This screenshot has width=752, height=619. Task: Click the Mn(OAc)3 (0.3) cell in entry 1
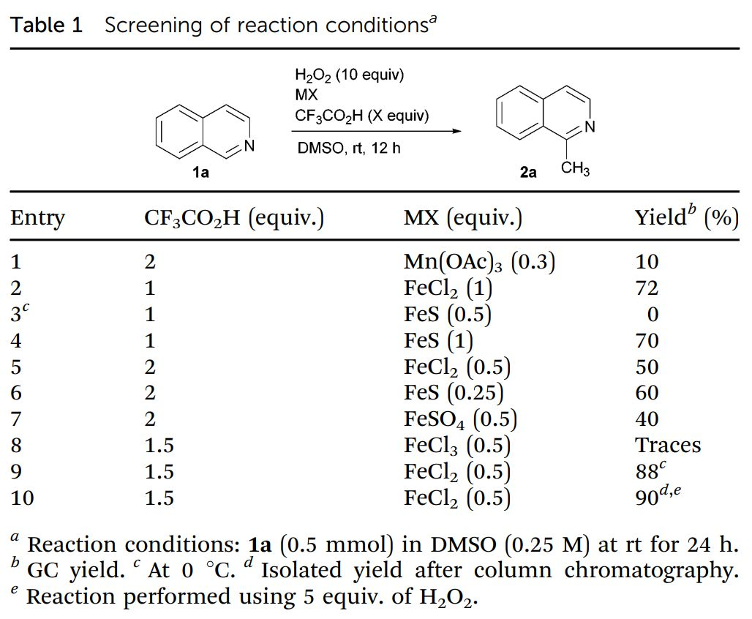click(x=479, y=262)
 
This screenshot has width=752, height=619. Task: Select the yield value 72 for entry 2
click(x=647, y=288)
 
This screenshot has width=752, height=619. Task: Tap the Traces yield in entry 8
click(x=667, y=446)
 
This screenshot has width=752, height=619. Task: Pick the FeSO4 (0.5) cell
click(x=460, y=419)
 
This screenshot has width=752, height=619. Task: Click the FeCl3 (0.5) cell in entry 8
click(x=457, y=446)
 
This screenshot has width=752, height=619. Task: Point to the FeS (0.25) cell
click(x=454, y=393)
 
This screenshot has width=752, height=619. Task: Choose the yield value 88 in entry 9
click(x=647, y=472)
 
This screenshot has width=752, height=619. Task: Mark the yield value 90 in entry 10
click(x=647, y=498)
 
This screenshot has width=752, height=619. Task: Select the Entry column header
click(x=37, y=219)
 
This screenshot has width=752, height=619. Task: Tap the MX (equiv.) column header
click(x=462, y=219)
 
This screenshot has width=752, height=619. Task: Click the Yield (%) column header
click(x=686, y=219)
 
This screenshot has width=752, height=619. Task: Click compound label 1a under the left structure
click(x=200, y=173)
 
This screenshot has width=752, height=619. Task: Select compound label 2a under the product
click(x=527, y=173)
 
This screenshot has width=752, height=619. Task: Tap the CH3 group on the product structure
click(x=575, y=170)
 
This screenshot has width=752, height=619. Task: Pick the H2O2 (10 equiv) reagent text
click(x=349, y=75)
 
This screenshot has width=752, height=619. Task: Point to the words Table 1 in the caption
click(x=46, y=26)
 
